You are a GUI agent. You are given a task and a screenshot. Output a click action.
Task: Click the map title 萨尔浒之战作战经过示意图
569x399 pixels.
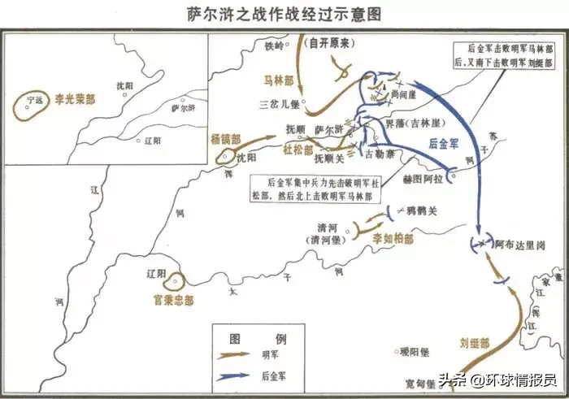click(x=284, y=15)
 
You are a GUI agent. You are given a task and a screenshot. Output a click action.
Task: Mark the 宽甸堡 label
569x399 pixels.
click(x=423, y=382)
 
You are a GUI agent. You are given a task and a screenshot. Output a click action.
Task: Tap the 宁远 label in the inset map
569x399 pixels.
click(x=33, y=100)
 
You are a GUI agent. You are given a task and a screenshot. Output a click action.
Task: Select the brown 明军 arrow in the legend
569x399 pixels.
click(x=236, y=354)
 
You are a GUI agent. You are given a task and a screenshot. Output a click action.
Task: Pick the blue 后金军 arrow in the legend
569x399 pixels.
click(x=236, y=375)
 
